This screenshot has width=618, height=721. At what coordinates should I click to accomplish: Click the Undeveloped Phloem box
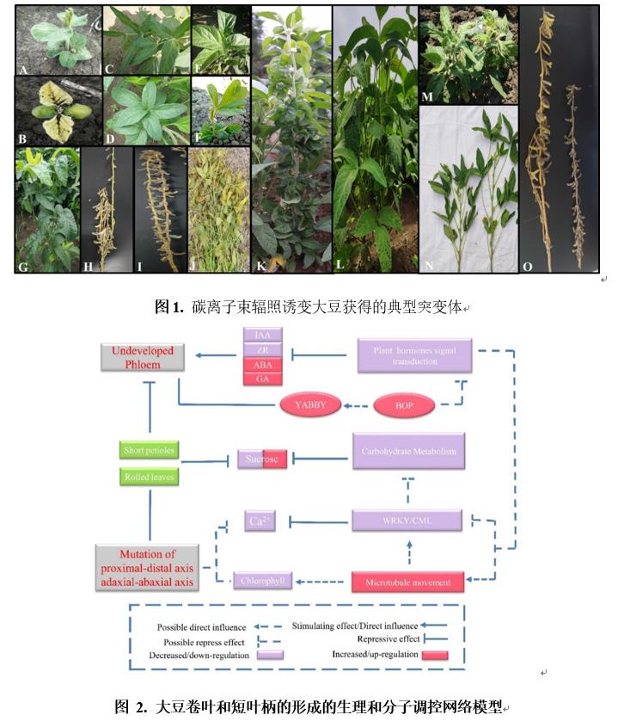pos(143,357)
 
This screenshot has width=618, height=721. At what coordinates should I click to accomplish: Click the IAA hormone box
pos(261,335)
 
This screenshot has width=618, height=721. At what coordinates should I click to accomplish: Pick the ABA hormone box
pos(261,364)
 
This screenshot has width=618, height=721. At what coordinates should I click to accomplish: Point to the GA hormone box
pos(261,379)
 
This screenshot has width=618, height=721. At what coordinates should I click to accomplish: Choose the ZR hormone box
pos(261,349)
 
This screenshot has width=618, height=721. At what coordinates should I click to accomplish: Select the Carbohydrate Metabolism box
pos(408,451)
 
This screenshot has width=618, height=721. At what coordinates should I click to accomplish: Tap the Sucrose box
pos(262,459)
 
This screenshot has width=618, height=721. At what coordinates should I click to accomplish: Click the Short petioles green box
pos(149,450)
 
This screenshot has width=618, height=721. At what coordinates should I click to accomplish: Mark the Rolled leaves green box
pos(149,478)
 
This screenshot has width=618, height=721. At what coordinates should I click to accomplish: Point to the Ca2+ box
pos(260,521)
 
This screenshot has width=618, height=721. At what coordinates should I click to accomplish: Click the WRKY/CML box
pos(407,521)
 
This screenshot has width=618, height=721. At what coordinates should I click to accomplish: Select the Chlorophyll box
pos(262,582)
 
